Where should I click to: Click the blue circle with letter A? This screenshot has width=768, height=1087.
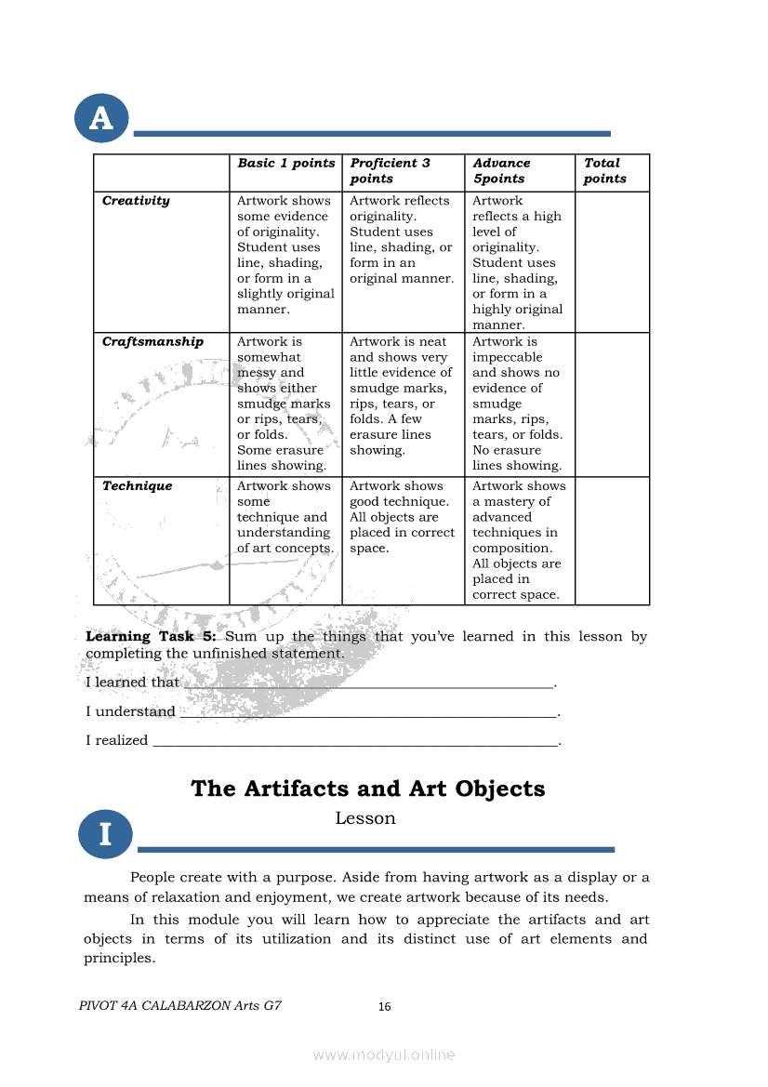coord(101,118)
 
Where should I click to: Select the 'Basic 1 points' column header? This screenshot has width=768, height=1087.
coord(285,164)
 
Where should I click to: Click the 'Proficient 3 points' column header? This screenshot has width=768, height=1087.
coord(391,171)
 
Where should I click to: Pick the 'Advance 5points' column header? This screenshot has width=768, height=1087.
coord(501,171)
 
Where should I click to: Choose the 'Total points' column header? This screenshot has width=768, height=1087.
coord(604,171)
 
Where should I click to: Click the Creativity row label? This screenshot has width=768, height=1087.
coord(136,201)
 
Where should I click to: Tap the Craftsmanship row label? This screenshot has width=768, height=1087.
coord(152,342)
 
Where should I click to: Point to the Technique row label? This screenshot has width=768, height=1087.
coord(137,486)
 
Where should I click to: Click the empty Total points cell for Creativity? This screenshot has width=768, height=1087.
coord(612,261)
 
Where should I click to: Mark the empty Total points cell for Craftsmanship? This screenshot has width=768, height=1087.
coord(612,404)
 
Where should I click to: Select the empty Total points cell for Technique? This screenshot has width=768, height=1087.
coord(612,540)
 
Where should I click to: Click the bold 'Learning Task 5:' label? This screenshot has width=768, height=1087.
coord(151,637)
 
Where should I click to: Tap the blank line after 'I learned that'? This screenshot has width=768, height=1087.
coord(368,685)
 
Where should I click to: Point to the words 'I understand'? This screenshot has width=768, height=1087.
coord(130,712)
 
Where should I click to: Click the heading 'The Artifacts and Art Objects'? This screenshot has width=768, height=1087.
coord(367,789)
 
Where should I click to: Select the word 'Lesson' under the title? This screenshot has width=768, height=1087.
coord(365,818)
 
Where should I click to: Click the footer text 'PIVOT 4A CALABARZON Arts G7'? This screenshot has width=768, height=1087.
coord(180,1006)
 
